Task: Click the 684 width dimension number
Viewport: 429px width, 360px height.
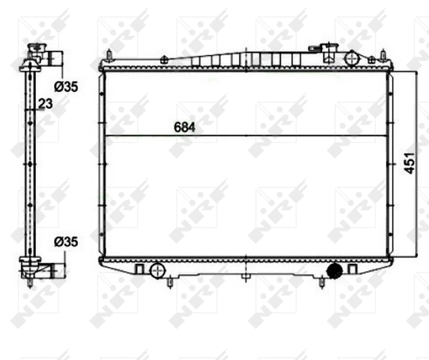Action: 185,127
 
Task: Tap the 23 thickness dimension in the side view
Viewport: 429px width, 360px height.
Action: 45,103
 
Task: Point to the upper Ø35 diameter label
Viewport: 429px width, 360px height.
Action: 65,87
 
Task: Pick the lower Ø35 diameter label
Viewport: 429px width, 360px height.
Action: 65,242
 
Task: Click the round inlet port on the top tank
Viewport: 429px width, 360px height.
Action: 352,58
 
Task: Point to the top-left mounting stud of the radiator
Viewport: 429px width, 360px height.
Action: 109,56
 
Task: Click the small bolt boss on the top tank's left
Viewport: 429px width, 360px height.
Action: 163,59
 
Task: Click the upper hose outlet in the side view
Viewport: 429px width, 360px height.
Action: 55,59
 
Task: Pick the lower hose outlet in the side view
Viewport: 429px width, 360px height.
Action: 55,271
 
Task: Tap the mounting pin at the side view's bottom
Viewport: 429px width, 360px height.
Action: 29,282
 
